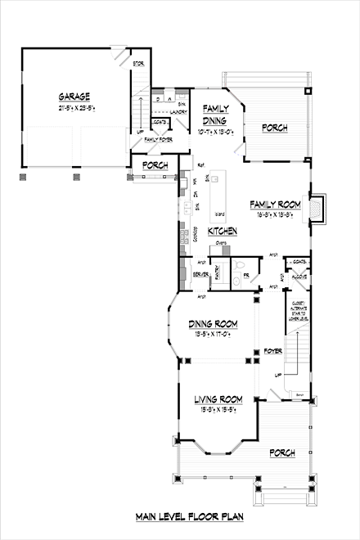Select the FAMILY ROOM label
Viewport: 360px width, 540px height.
click(276, 205)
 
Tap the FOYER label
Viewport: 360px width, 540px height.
click(272, 352)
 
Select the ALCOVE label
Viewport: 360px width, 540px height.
click(298, 277)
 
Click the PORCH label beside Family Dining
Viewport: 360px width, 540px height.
click(273, 128)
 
